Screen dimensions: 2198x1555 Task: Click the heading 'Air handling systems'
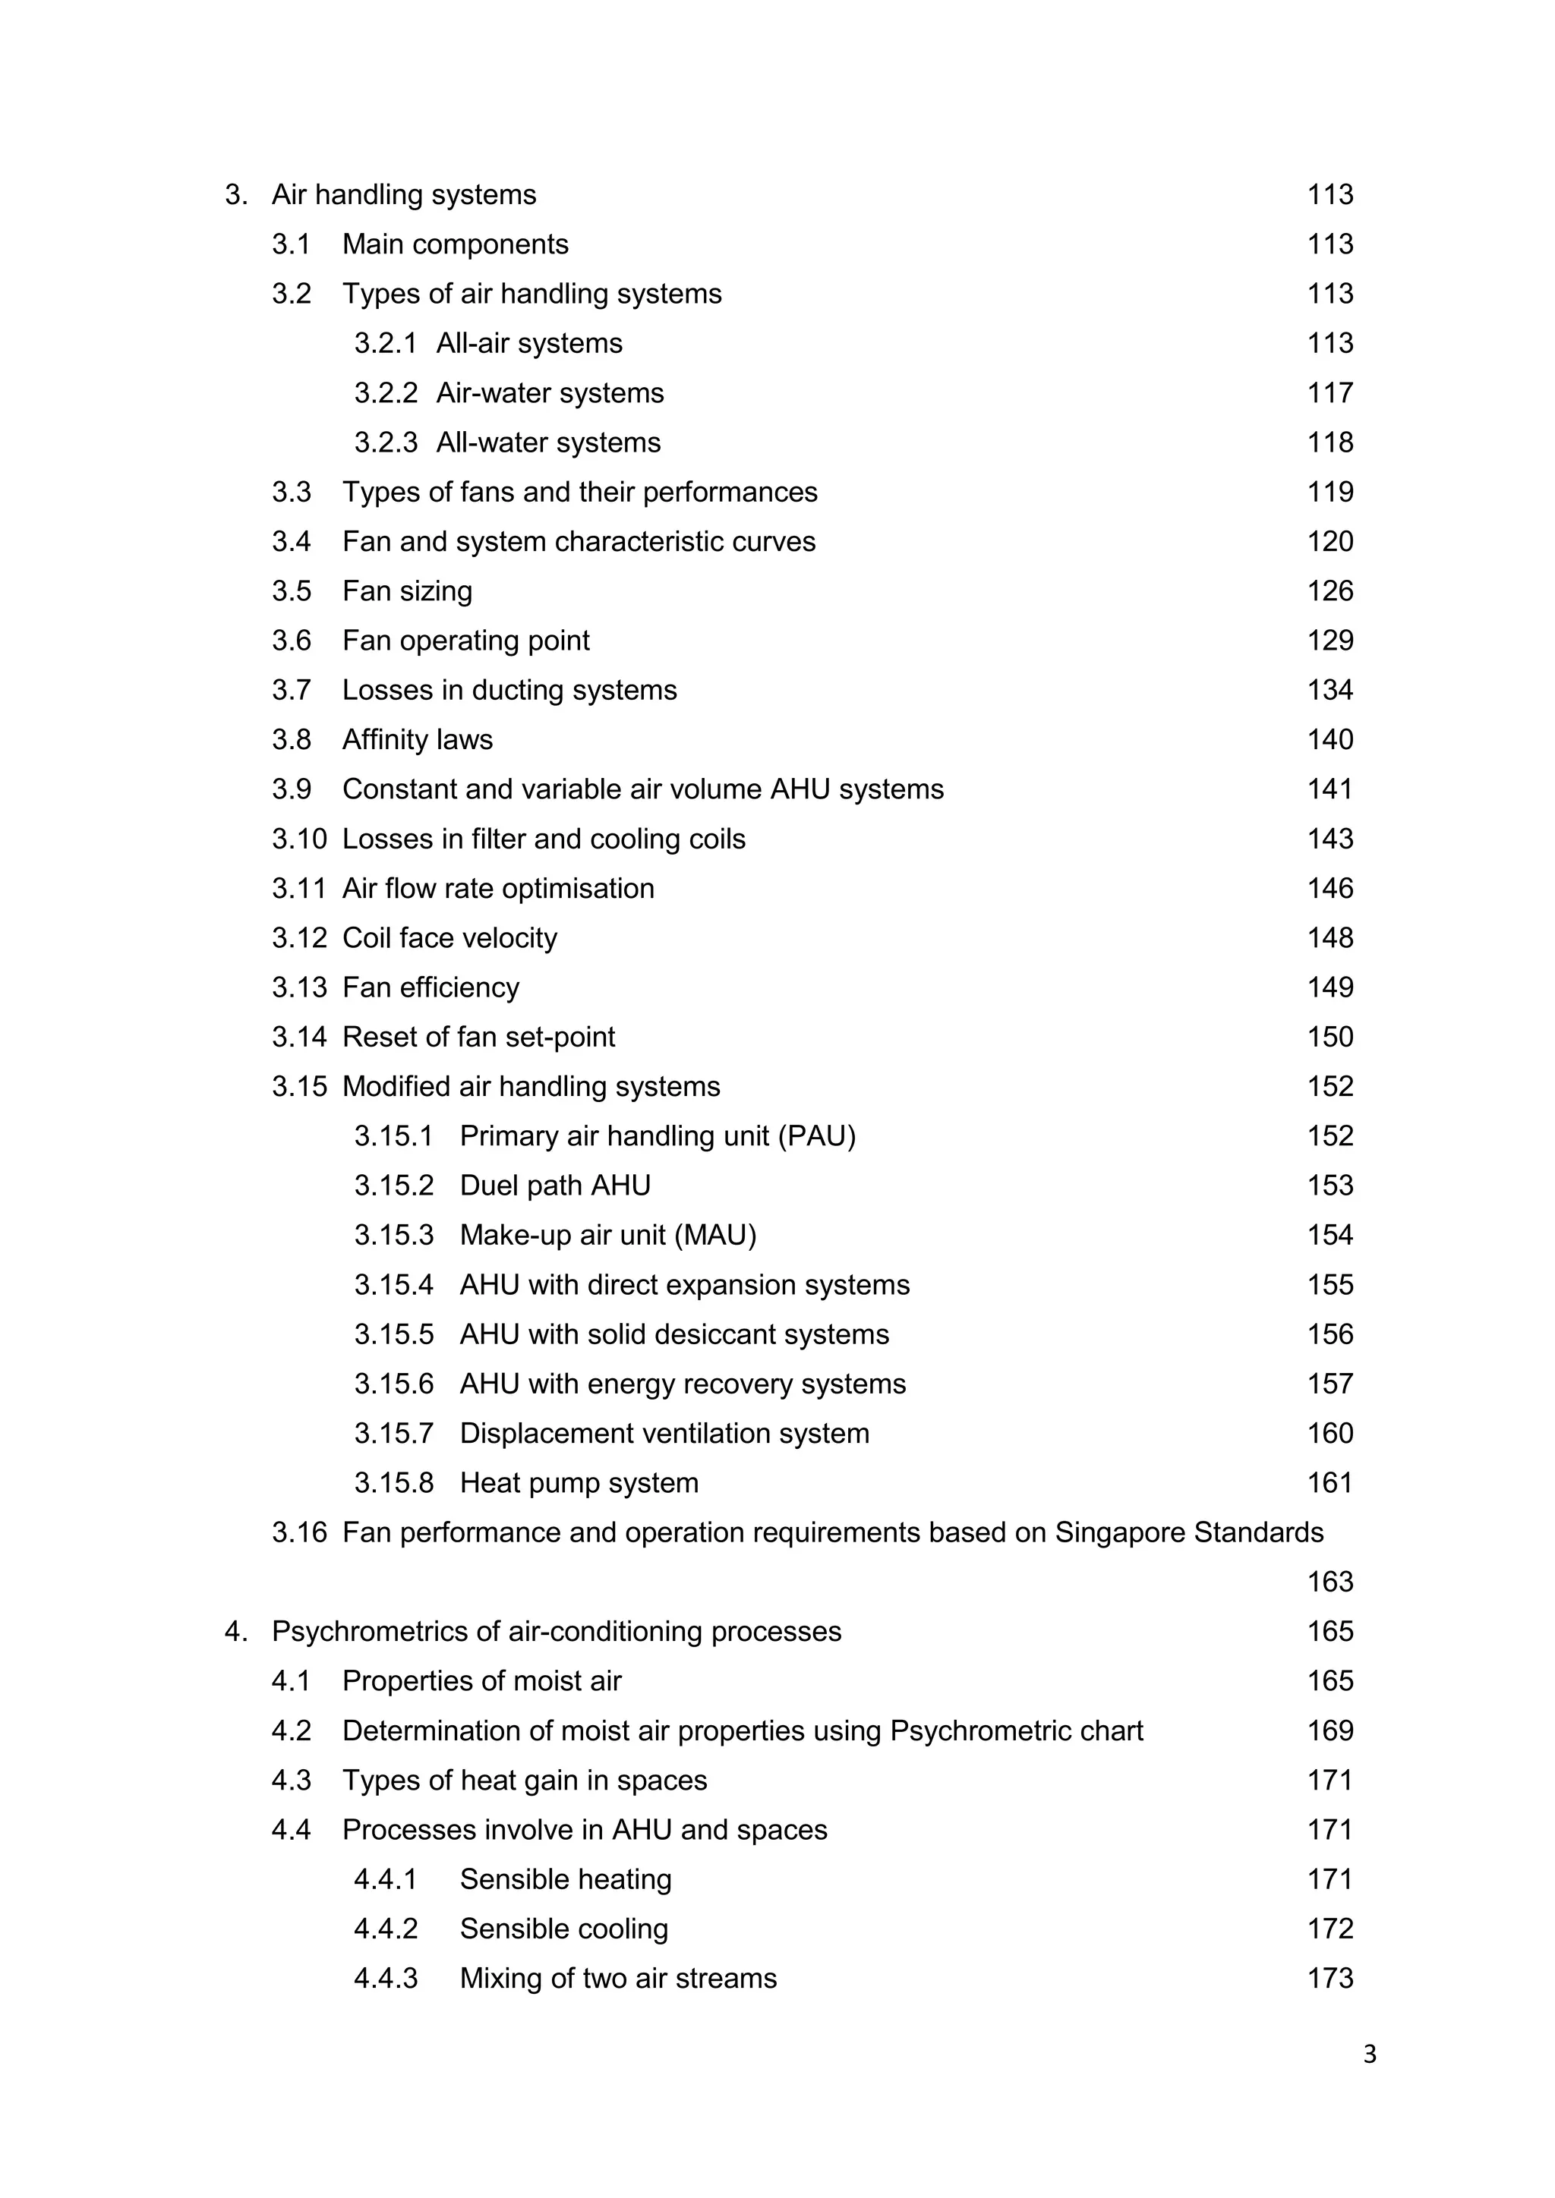point(403,194)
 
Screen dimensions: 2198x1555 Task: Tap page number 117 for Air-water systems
point(1330,392)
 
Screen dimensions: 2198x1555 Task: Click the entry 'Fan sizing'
point(407,590)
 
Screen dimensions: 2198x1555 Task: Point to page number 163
point(1330,1582)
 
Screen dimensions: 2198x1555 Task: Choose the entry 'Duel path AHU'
point(554,1186)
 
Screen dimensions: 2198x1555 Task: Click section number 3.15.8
point(393,1483)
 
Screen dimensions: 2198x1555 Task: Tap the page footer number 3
point(1369,2055)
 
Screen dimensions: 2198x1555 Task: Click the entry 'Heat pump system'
point(579,1483)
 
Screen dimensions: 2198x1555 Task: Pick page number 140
point(1330,739)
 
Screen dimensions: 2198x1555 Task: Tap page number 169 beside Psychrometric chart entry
point(1330,1730)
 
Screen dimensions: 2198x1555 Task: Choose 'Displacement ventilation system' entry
point(664,1433)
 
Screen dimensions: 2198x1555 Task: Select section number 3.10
point(298,839)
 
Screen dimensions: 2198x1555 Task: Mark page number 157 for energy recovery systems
point(1330,1384)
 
